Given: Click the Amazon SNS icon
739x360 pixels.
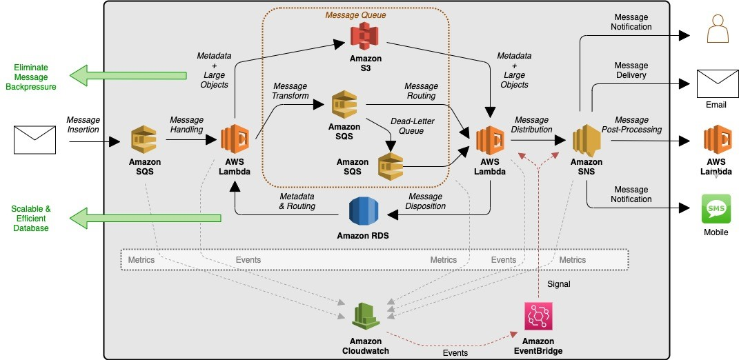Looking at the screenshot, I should [587, 140].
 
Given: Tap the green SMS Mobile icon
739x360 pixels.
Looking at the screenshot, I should [716, 208].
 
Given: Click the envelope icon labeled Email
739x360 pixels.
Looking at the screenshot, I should [716, 83].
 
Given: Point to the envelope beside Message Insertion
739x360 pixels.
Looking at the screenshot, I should [35, 139].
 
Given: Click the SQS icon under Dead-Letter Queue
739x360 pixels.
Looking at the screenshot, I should [391, 166].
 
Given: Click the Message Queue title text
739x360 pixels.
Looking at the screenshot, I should [355, 15].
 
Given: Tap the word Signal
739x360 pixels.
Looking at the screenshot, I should [559, 283].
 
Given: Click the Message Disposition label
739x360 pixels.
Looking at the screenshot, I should [426, 201].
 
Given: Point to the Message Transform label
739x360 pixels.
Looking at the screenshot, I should [290, 91].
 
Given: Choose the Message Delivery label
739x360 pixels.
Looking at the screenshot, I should [631, 70].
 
